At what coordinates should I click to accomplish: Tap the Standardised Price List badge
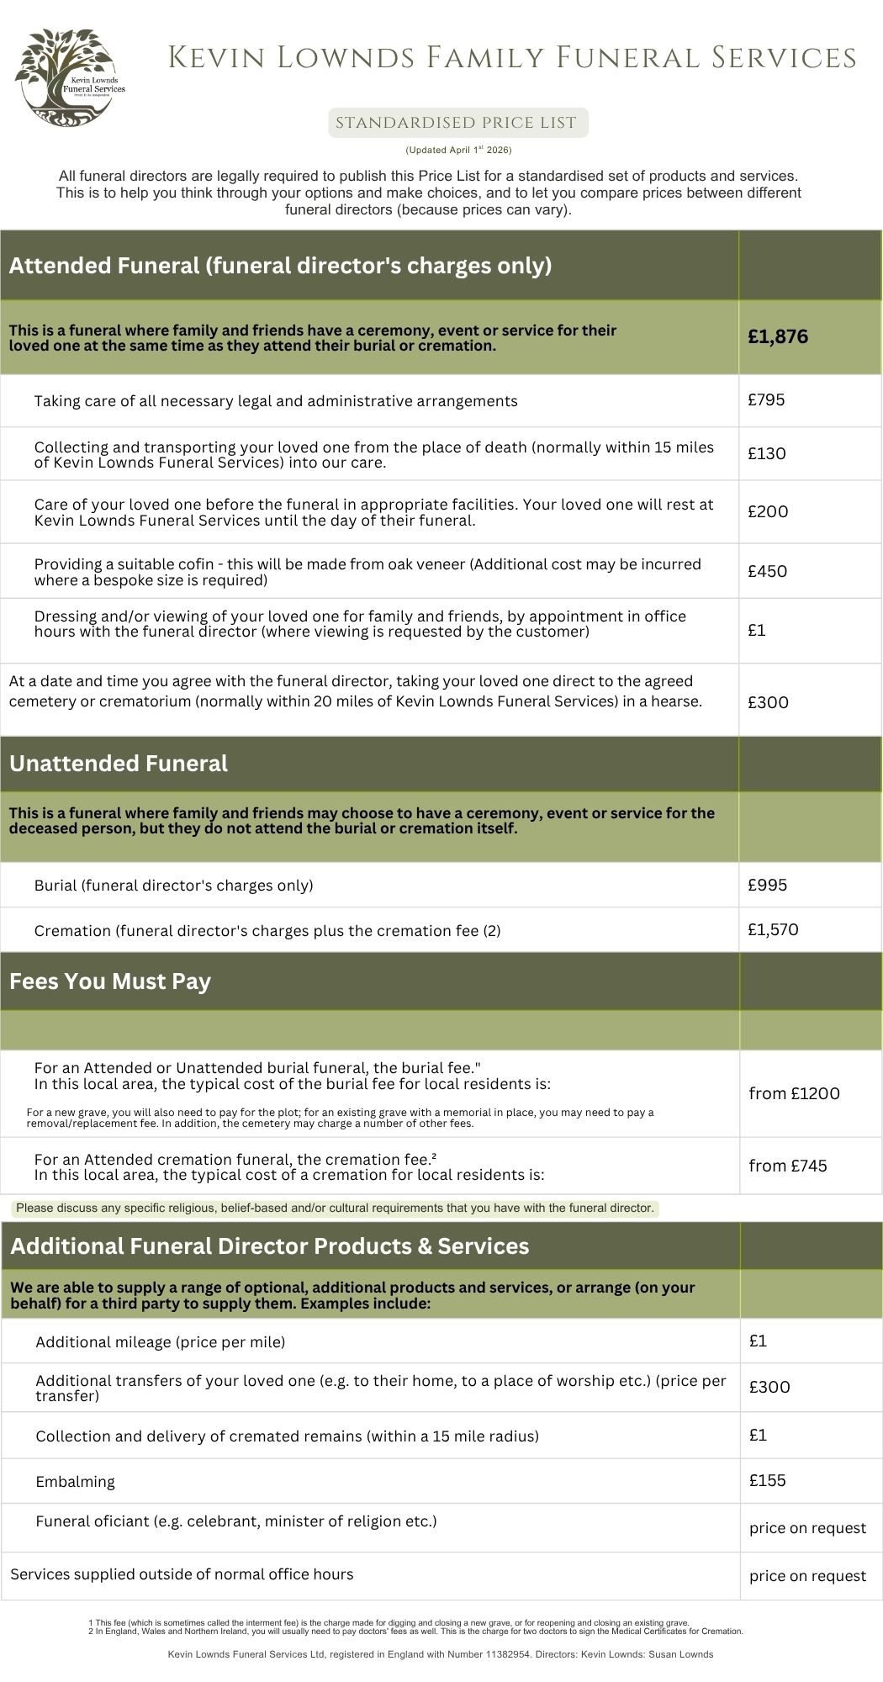click(x=457, y=123)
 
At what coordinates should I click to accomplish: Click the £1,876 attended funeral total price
click(x=778, y=337)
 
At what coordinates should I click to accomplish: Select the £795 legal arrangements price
click(x=766, y=400)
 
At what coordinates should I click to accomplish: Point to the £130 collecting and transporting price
click(x=767, y=454)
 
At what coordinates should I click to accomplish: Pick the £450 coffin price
click(x=767, y=572)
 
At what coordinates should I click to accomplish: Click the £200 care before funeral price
click(x=767, y=512)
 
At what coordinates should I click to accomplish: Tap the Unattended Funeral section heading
click(x=119, y=764)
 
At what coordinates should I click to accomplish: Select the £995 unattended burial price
click(x=767, y=885)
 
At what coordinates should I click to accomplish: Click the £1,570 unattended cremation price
click(x=773, y=930)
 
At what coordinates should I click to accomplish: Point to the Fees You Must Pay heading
click(x=110, y=981)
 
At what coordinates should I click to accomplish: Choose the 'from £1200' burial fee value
click(x=794, y=1093)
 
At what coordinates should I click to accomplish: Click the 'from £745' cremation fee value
click(x=788, y=1166)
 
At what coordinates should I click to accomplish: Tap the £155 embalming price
click(x=767, y=1480)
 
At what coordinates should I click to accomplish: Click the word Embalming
click(x=76, y=1482)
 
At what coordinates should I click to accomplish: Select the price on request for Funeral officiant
click(x=807, y=1528)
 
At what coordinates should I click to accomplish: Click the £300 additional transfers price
click(x=769, y=1388)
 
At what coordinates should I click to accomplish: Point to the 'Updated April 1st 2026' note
click(x=458, y=151)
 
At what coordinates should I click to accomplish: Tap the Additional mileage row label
click(x=161, y=1342)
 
